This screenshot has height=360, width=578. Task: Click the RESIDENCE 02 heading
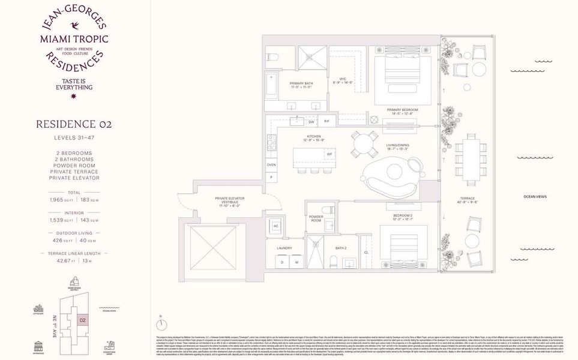(x=74, y=125)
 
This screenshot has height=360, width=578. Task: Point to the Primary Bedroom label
(x=402, y=110)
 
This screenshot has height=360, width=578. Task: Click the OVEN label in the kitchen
(x=271, y=164)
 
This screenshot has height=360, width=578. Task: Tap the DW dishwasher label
(x=312, y=122)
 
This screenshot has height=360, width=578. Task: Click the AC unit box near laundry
(x=276, y=227)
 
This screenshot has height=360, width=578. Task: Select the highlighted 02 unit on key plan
(x=82, y=320)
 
